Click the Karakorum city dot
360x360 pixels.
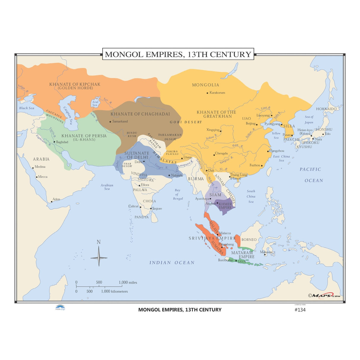tap(207, 93)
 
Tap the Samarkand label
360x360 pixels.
tap(120, 121)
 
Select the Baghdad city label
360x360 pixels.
tap(62, 142)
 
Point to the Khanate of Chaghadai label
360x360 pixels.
tap(140, 114)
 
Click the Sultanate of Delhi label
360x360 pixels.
tap(137, 155)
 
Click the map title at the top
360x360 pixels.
tap(178, 54)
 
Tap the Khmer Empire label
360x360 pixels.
tap(225, 206)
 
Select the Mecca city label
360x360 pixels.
tap(43, 177)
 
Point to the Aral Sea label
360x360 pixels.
tap(95, 103)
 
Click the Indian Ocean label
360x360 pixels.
tap(172, 263)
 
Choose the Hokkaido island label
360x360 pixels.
tap(326, 109)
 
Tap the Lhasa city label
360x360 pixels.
tap(187, 157)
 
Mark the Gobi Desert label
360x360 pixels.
tap(186, 122)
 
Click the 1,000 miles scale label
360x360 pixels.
tap(128, 282)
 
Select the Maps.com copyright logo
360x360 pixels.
tap(324, 295)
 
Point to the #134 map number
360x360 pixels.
tap(300, 310)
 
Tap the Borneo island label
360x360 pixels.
tap(249, 240)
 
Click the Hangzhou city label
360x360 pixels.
tap(277, 151)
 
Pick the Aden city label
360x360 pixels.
tap(56, 199)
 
